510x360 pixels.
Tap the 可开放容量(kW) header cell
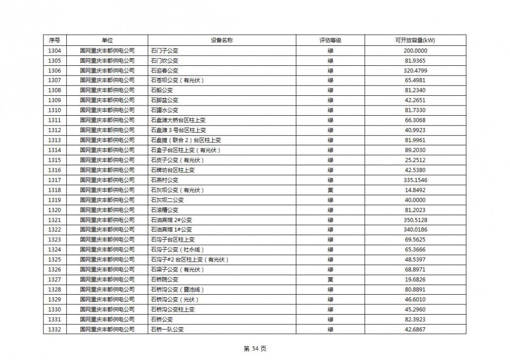point(415,40)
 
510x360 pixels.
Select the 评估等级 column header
point(330,40)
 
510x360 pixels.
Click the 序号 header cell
point(55,40)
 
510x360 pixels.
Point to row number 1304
point(55,50)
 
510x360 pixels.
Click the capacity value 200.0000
point(415,50)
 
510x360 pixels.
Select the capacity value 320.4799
point(415,70)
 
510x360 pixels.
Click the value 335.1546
point(415,180)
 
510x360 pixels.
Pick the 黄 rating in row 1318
point(330,190)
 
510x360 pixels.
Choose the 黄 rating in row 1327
point(330,279)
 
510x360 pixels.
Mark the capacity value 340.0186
point(415,230)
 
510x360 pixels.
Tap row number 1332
point(55,329)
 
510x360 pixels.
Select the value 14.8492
point(415,190)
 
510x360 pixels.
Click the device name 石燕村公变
point(165,180)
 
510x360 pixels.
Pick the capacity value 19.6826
point(415,279)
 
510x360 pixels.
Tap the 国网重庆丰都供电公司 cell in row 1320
point(107,210)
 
